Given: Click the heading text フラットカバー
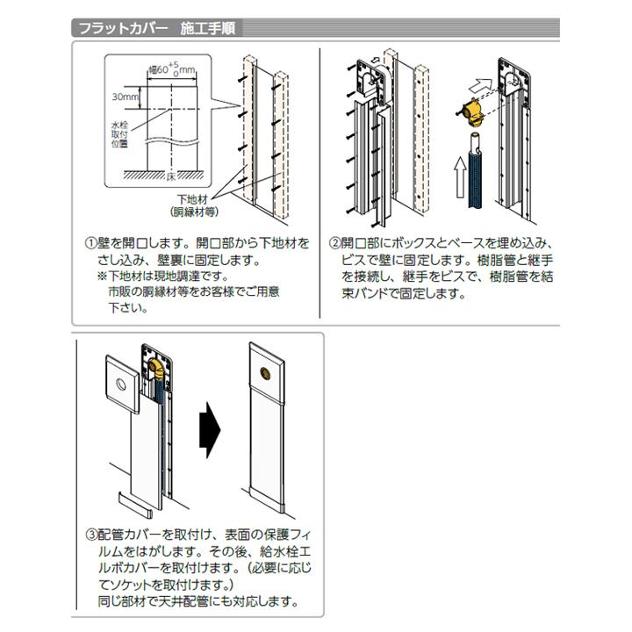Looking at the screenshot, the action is click(124, 29).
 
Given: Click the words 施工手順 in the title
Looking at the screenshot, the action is click(208, 29).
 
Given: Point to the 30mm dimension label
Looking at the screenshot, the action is click(126, 97).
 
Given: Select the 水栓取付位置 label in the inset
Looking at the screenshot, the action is click(119, 134).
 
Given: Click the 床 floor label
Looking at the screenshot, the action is click(171, 176).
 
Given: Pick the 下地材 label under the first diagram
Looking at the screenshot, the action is click(192, 199).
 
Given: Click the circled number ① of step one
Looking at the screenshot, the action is click(90, 243).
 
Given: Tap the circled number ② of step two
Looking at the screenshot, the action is click(335, 243).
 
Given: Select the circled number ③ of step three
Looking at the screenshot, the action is click(91, 535).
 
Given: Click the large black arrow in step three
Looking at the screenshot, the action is click(210, 429).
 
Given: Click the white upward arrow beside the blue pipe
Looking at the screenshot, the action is click(459, 177).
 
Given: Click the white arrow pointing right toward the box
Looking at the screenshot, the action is click(480, 85).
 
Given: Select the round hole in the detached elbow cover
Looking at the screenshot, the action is click(121, 384).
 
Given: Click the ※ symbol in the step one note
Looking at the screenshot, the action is click(102, 276).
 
